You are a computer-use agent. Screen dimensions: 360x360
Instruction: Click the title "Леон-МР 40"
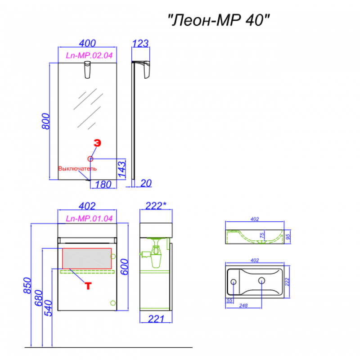tap(219, 20)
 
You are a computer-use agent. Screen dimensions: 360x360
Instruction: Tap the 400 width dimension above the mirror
tap(87, 43)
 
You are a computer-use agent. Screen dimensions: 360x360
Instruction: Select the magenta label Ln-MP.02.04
tap(89, 55)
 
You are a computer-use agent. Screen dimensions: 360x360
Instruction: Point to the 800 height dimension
tap(46, 121)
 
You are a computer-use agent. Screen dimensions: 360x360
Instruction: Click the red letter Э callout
tap(97, 143)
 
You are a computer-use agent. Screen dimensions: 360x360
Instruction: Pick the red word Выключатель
tap(77, 168)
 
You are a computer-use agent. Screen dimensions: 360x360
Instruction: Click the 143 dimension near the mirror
tap(121, 170)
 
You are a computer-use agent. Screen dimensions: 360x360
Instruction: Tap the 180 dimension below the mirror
tap(103, 184)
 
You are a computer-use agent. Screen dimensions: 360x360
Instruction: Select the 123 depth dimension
tap(140, 43)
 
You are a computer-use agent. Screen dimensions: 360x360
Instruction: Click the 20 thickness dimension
tap(146, 183)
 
